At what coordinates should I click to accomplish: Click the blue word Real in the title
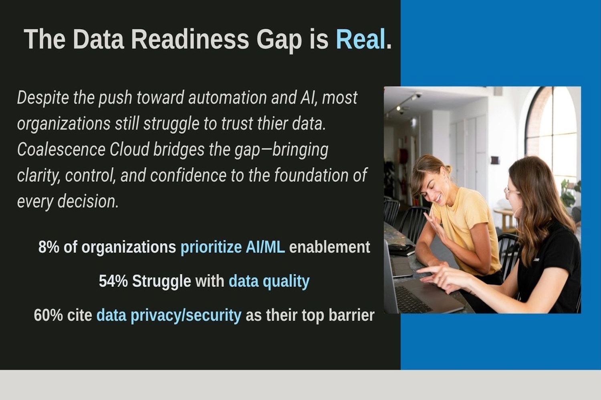point(361,39)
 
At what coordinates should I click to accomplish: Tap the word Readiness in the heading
point(190,39)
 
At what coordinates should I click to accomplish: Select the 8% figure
point(48,247)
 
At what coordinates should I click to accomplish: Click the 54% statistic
point(113,281)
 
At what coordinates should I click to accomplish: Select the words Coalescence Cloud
point(83,150)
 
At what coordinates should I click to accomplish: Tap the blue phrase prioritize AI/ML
point(233,247)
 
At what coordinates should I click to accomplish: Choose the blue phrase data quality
point(269,282)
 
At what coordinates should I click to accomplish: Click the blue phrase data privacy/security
point(169,316)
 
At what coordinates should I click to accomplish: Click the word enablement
point(329,247)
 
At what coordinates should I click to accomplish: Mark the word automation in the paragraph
point(227,98)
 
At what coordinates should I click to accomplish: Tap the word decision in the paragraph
point(88,202)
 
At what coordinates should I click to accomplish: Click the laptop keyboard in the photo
point(413,299)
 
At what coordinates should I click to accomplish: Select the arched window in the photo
point(551,134)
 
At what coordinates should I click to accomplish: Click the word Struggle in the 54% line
point(161,282)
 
